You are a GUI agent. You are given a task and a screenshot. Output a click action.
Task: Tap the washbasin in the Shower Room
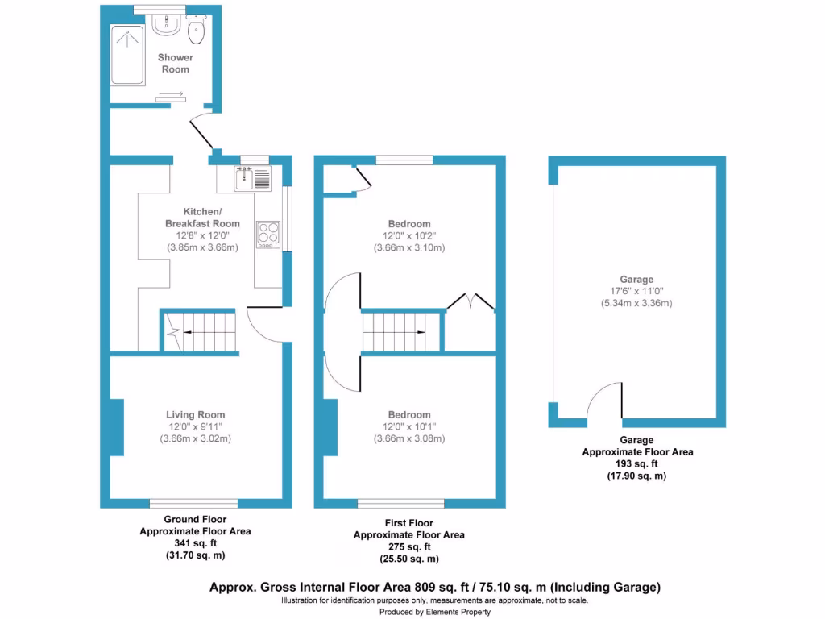(167, 24)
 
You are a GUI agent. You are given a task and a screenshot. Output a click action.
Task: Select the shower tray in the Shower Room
(127, 55)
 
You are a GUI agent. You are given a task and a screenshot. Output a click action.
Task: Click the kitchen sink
(253, 177)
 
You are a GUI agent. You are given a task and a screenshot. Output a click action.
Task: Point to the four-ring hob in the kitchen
(268, 233)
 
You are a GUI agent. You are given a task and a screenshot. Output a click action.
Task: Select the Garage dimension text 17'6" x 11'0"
(636, 292)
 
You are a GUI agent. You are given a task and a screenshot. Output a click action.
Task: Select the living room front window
(193, 504)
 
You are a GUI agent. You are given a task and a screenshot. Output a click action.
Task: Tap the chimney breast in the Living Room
(117, 427)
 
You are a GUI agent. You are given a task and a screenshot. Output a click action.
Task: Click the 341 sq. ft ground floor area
(195, 544)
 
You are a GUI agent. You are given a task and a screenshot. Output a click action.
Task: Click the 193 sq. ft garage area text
(636, 464)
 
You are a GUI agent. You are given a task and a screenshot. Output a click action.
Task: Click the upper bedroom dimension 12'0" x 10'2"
(409, 236)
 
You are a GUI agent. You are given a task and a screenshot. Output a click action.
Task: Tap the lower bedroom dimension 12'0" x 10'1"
(409, 427)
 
